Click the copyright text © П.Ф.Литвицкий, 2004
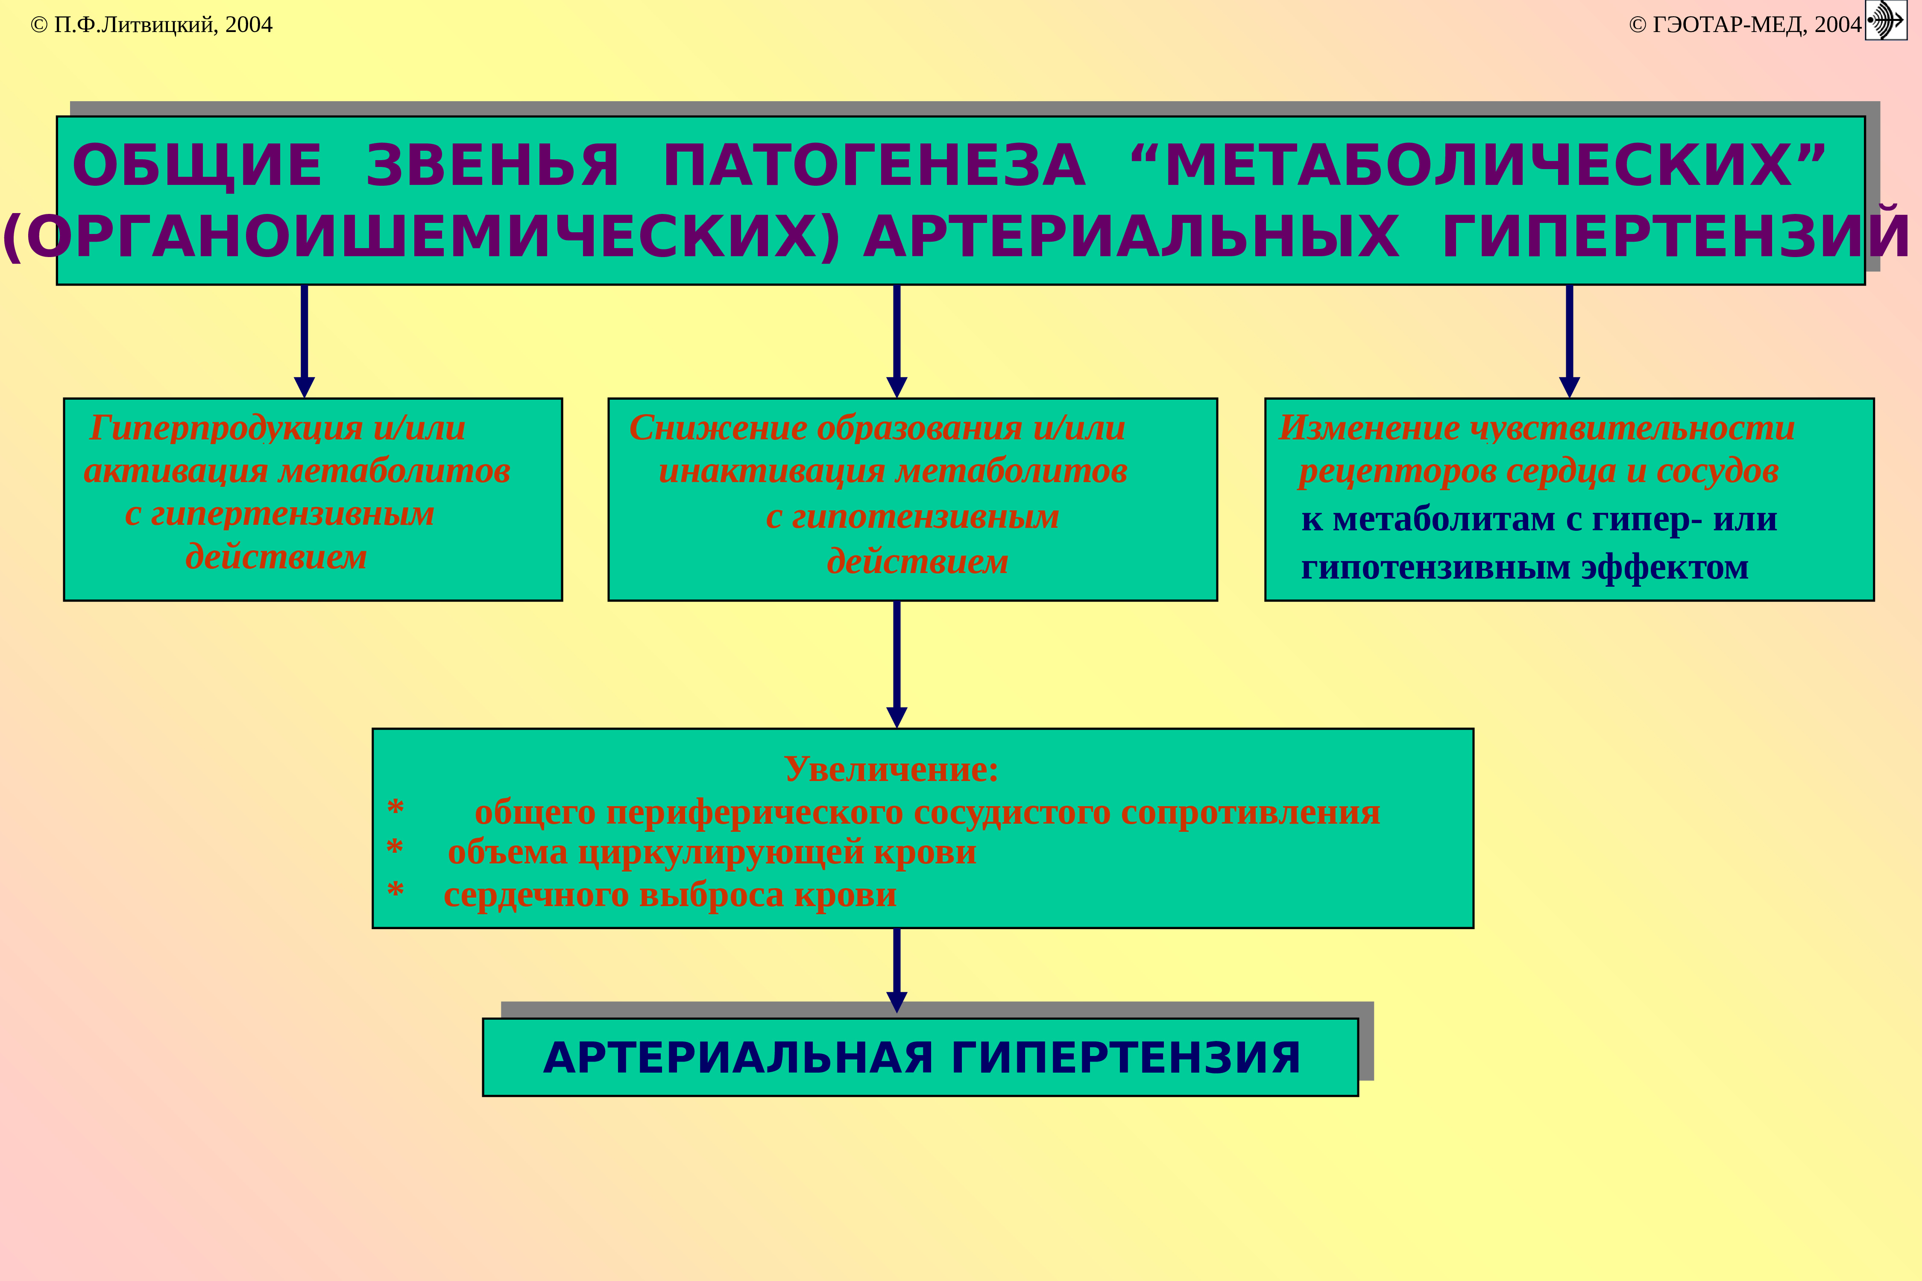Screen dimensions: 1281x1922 coord(151,24)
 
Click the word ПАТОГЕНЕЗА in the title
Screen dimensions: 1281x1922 coord(874,166)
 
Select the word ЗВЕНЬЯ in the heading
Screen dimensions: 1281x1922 coord(493,166)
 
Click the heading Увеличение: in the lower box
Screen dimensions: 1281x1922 coord(891,769)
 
